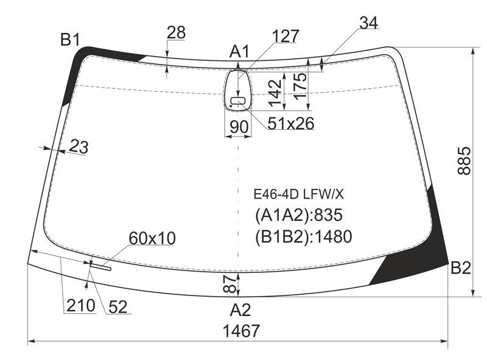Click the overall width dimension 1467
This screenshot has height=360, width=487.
[x=241, y=331]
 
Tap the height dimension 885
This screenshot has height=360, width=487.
[x=464, y=161]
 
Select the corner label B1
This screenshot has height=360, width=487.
[x=70, y=40]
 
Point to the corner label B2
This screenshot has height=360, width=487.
[x=461, y=267]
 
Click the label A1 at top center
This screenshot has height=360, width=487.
[x=239, y=51]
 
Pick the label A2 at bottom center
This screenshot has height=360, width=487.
[x=240, y=309]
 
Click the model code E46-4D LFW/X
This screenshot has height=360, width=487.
[x=299, y=194]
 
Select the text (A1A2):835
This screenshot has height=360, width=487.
[x=299, y=215]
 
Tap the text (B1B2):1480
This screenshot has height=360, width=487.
[x=303, y=236]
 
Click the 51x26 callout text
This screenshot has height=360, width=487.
[x=291, y=124]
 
